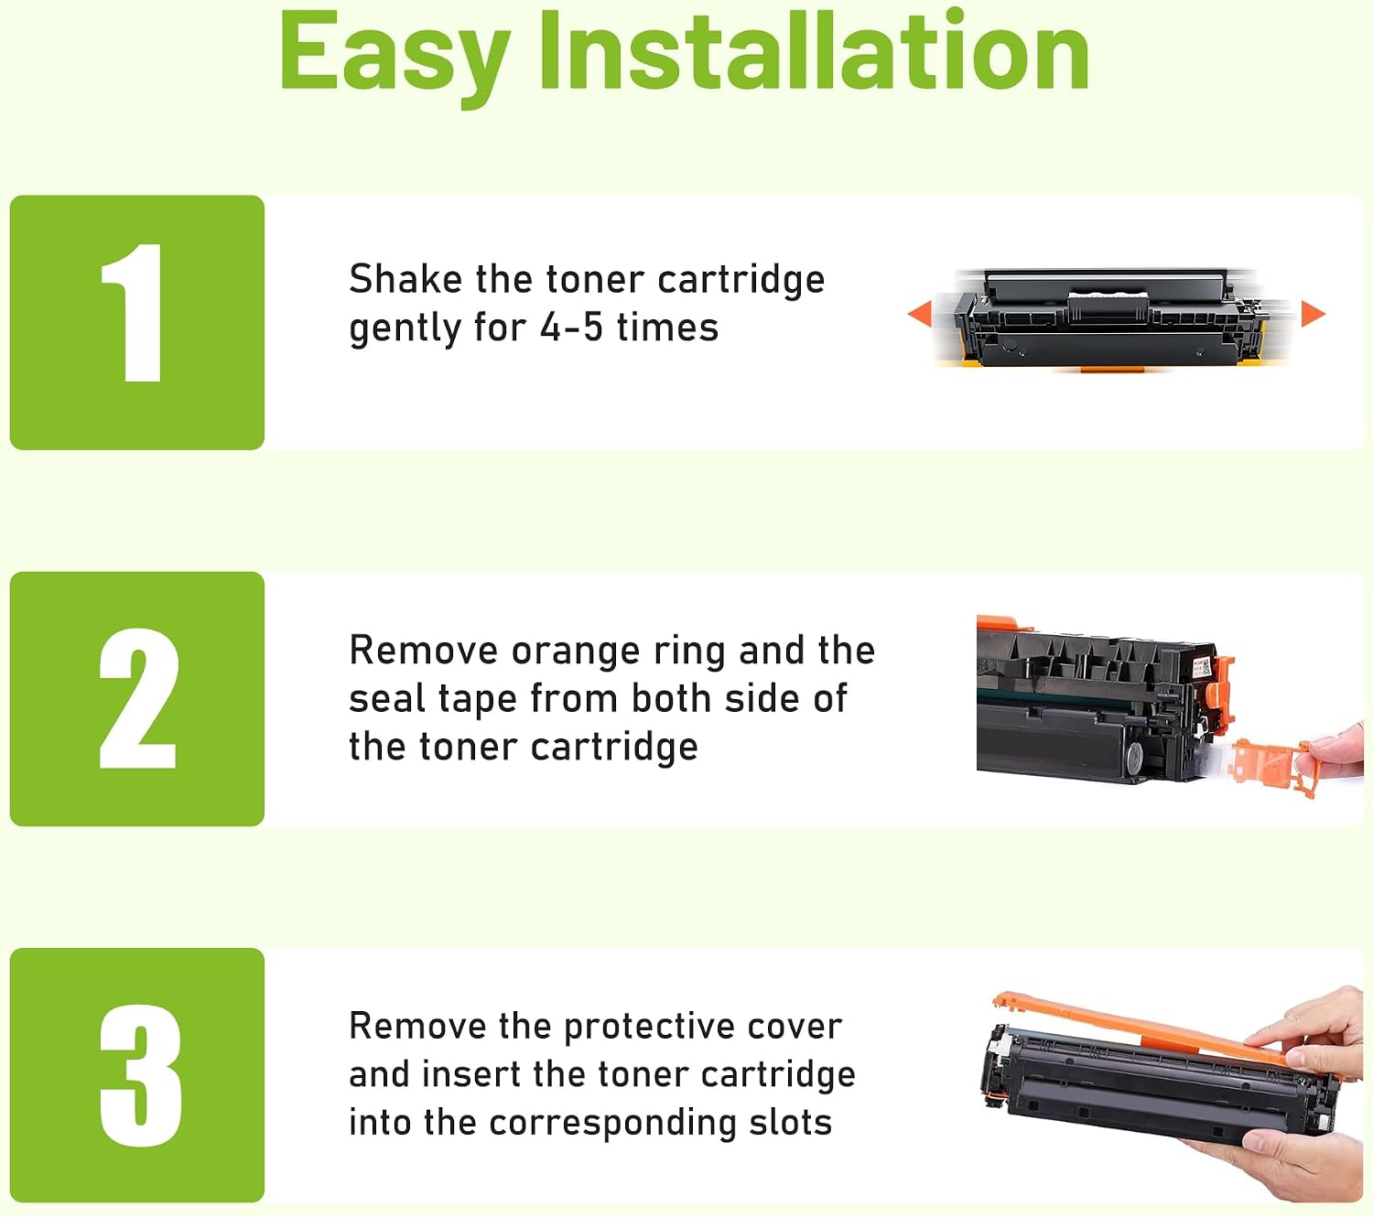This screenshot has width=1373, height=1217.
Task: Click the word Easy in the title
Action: [395, 58]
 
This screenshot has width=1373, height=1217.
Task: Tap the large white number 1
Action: [134, 312]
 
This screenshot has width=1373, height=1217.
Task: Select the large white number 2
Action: [139, 698]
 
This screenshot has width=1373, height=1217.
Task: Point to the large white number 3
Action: [140, 1075]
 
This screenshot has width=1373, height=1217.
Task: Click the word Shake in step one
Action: [405, 278]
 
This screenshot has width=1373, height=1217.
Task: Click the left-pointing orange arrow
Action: [920, 315]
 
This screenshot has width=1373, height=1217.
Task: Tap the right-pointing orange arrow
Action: [1313, 314]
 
